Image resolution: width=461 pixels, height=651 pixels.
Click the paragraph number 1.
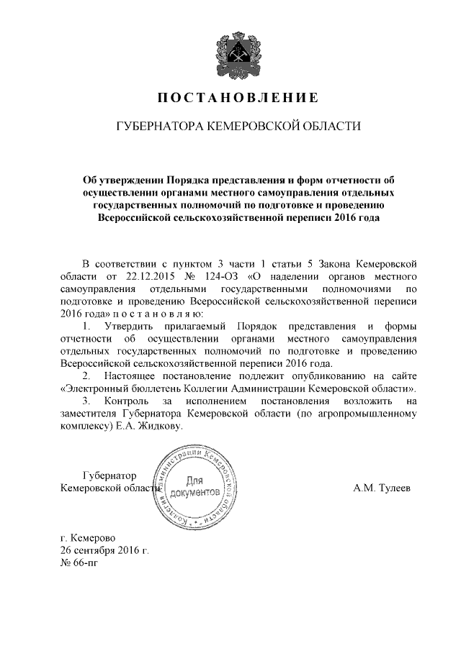(87, 327)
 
